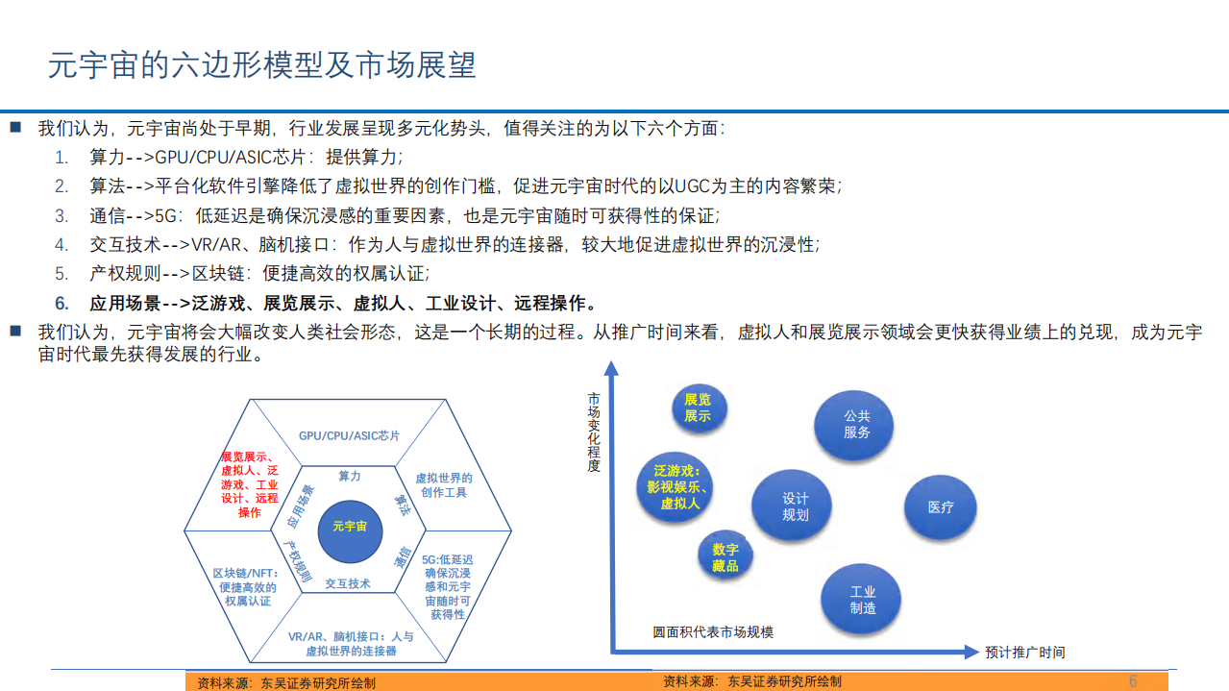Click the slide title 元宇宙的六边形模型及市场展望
tap(262, 64)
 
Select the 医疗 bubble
tap(941, 506)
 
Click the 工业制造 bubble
tap(862, 600)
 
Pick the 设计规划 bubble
tap(795, 506)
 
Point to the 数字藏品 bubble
tap(725, 557)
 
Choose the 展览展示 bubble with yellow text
tap(698, 407)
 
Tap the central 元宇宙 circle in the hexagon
tap(349, 527)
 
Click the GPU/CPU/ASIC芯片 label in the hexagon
tap(349, 435)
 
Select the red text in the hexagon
tap(249, 485)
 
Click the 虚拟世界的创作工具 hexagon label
tap(443, 485)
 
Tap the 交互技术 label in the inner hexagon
tap(348, 583)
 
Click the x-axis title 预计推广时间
tap(1024, 653)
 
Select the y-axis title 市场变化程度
tap(594, 432)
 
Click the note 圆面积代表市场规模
tap(713, 631)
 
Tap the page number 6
tap(1132, 680)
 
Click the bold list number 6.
tap(61, 304)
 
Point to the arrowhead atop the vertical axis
tap(611, 366)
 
